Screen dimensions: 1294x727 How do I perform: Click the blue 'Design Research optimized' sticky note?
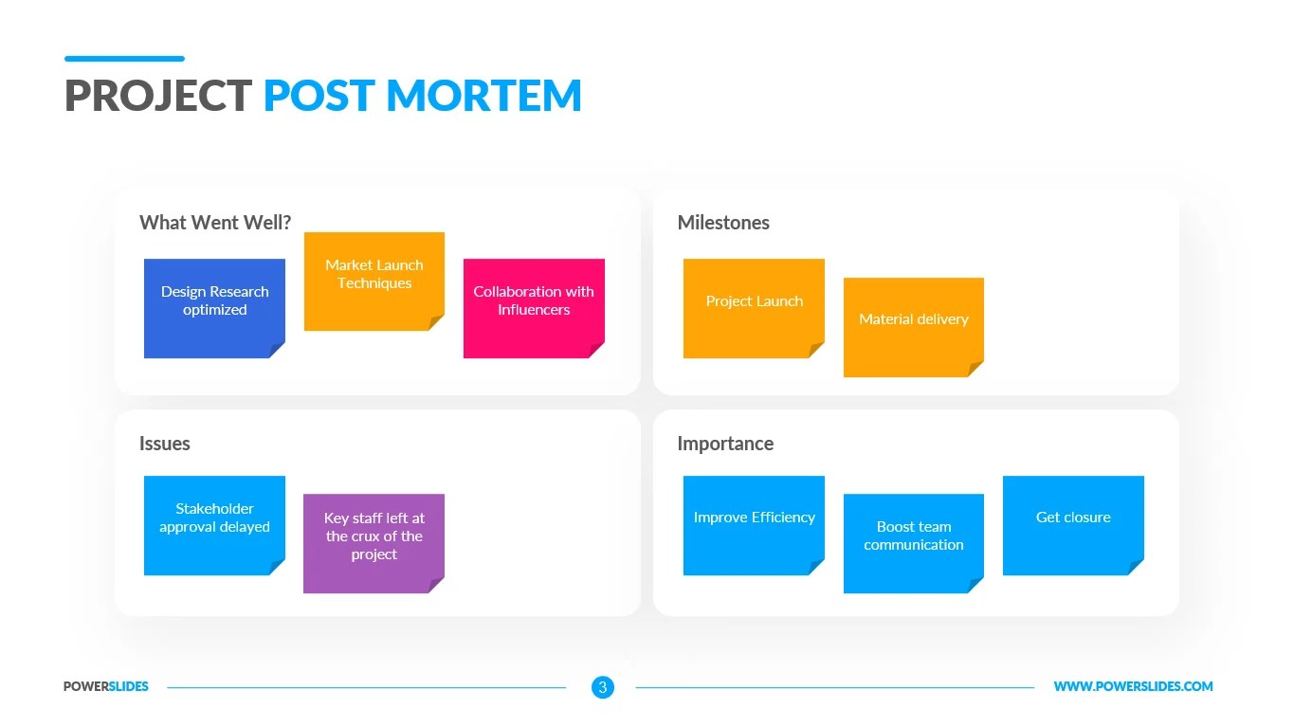(x=214, y=308)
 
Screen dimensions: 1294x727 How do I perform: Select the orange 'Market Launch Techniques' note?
(x=374, y=282)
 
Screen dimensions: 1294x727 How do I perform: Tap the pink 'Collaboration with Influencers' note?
(x=534, y=308)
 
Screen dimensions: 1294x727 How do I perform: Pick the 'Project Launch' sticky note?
(x=754, y=308)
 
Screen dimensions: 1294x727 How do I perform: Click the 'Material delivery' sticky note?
(x=913, y=327)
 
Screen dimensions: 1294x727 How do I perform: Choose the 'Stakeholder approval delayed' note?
(x=214, y=525)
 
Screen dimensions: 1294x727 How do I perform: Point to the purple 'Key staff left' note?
(x=374, y=543)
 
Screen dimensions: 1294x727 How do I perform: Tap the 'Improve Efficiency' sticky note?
(x=754, y=525)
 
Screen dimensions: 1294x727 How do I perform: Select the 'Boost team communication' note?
(x=913, y=543)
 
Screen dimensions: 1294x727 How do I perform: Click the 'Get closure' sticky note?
(x=1073, y=525)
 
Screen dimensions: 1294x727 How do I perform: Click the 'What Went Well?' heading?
(x=215, y=223)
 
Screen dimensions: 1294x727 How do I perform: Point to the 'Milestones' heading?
(x=723, y=223)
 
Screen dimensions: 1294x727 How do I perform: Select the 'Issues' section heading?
(x=165, y=444)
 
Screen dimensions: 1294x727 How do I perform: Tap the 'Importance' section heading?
(x=725, y=444)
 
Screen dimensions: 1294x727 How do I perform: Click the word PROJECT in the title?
(x=158, y=97)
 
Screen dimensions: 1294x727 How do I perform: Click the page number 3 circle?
(x=603, y=687)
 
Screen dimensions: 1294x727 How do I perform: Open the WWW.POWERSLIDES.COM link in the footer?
(x=1133, y=687)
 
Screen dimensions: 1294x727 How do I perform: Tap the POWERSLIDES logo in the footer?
(x=106, y=687)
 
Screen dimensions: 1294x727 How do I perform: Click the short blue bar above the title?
(x=124, y=59)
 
